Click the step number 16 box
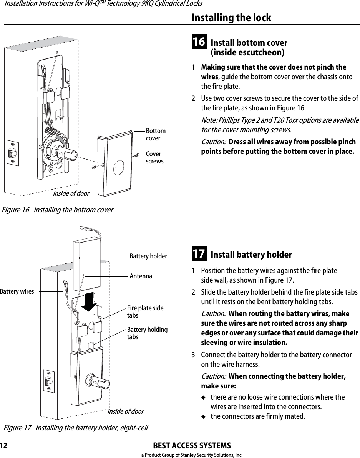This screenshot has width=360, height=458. (199, 42)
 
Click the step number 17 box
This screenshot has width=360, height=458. (199, 254)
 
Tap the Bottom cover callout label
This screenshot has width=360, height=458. (156, 135)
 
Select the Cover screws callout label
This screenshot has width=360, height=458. (154, 158)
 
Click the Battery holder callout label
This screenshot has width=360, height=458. (148, 256)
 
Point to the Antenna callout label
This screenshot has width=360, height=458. (141, 276)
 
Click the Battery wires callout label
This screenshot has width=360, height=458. (17, 291)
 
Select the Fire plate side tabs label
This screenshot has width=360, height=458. (145, 312)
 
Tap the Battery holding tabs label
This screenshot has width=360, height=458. (147, 333)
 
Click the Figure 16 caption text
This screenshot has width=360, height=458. (57, 210)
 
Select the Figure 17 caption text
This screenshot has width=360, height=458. (76, 428)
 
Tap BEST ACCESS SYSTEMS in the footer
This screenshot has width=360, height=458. (192, 446)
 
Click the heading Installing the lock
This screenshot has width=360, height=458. (231, 18)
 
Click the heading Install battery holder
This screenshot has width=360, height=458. (251, 255)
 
